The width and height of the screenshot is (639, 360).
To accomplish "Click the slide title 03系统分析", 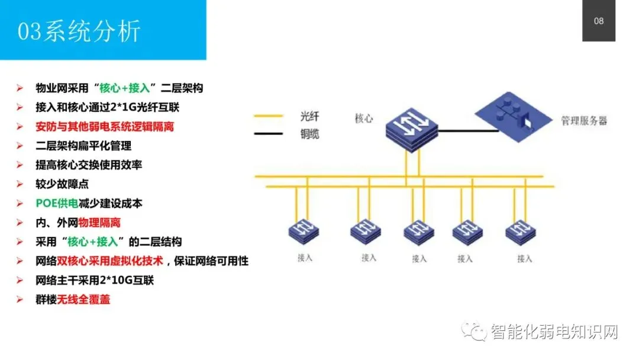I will tap(79, 31).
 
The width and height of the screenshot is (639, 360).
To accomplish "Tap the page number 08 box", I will tap(598, 21).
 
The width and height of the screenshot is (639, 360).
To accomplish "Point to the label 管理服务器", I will tap(583, 121).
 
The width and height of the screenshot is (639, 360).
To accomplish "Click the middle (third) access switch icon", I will tap(419, 232).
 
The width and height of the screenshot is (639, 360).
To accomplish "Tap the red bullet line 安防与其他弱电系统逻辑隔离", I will tap(105, 126).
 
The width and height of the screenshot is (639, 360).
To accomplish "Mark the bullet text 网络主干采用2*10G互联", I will tap(95, 280).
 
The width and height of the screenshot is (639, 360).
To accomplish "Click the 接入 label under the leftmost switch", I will tap(305, 258).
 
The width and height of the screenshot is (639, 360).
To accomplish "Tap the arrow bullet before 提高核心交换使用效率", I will tap(20, 165).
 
